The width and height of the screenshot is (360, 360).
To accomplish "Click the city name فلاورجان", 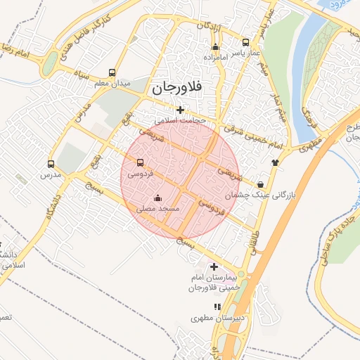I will pos(175,88).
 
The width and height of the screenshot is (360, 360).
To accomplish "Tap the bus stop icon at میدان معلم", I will pos(112,72).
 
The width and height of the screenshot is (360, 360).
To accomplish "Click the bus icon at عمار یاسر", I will pos(245,41).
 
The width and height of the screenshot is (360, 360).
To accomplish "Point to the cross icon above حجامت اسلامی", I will pos(181,110).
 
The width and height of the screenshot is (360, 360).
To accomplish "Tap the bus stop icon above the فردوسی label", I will pos(140,163).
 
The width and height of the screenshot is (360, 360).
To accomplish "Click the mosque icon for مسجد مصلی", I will pos(157,198).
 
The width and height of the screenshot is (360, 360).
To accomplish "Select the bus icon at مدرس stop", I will pos(51,162).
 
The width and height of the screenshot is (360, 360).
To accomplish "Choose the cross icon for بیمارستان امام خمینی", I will pos(214,266).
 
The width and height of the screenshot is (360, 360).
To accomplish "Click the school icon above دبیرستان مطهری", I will pos(217,307).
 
